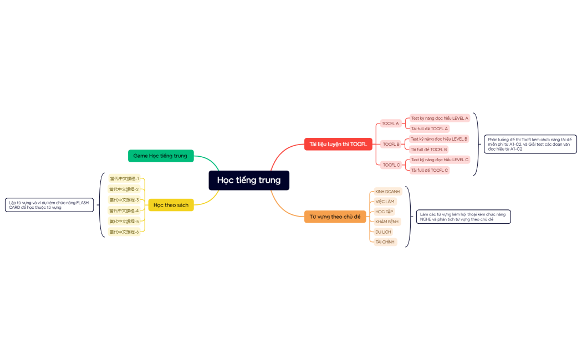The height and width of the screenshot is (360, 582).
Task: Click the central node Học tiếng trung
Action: pyautogui.click(x=249, y=180)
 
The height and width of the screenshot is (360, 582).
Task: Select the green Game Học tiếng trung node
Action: pyautogui.click(x=161, y=156)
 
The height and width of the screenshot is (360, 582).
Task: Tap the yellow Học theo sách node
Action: pyautogui.click(x=171, y=205)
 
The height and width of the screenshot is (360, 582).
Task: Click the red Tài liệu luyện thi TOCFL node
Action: pyautogui.click(x=338, y=144)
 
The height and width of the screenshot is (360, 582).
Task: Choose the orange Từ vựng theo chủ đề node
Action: pyautogui.click(x=335, y=217)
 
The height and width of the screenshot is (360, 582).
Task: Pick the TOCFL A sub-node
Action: pyautogui.click(x=390, y=124)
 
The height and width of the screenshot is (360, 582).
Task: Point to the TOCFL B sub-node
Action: pyautogui.click(x=391, y=144)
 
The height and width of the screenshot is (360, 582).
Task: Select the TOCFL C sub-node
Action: pyautogui.click(x=391, y=165)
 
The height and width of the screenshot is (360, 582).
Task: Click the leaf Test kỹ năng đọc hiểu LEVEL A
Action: pyautogui.click(x=440, y=118)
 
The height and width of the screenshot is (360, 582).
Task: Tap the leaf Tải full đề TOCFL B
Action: pyautogui.click(x=429, y=150)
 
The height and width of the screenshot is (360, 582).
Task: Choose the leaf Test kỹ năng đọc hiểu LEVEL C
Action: pyautogui.click(x=440, y=160)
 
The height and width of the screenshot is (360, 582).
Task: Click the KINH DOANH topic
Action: pyautogui.click(x=387, y=192)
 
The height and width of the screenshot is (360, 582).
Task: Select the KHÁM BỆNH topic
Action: pyautogui.click(x=387, y=222)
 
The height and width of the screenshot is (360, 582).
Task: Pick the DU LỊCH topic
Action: pyautogui.click(x=383, y=232)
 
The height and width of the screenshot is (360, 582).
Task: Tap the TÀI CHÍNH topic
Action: pyautogui.click(x=385, y=242)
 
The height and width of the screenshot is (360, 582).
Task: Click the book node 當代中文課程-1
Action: pyautogui.click(x=124, y=179)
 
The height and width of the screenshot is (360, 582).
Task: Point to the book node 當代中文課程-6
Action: pyautogui.click(x=124, y=232)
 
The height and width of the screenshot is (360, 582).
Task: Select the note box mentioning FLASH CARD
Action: pyautogui.click(x=49, y=205)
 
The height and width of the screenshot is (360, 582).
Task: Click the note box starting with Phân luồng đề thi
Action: pyautogui.click(x=530, y=144)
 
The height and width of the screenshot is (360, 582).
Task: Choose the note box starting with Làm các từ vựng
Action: pyautogui.click(x=463, y=217)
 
